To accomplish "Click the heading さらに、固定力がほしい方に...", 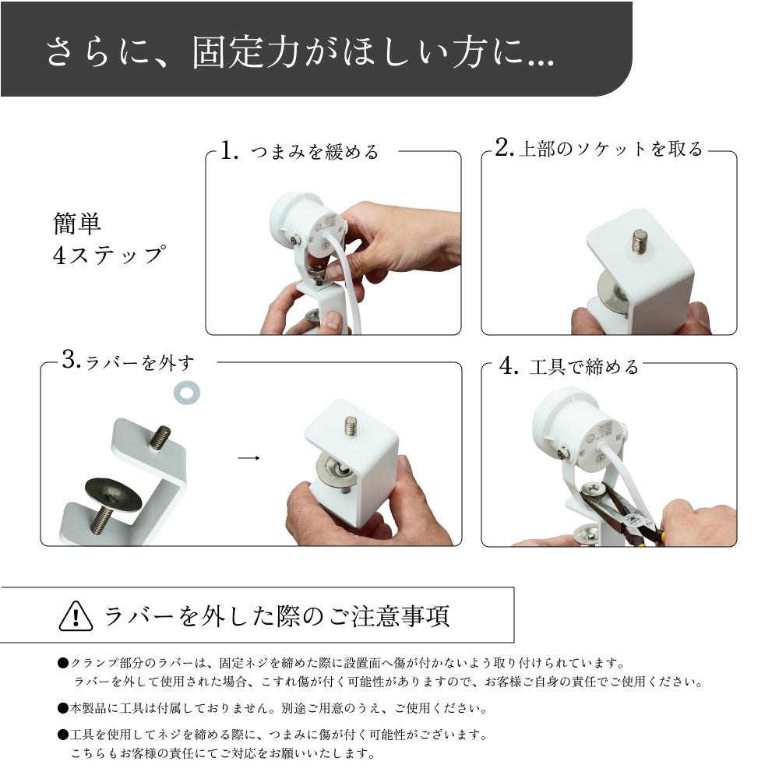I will pos(300,52).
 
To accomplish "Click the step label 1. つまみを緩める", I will pos(299,151).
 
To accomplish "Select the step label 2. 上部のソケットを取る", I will pos(599,149).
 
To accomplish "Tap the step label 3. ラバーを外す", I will pos(129,362).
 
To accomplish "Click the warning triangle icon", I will pos(76,616).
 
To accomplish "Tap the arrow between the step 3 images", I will pos(248,458).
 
